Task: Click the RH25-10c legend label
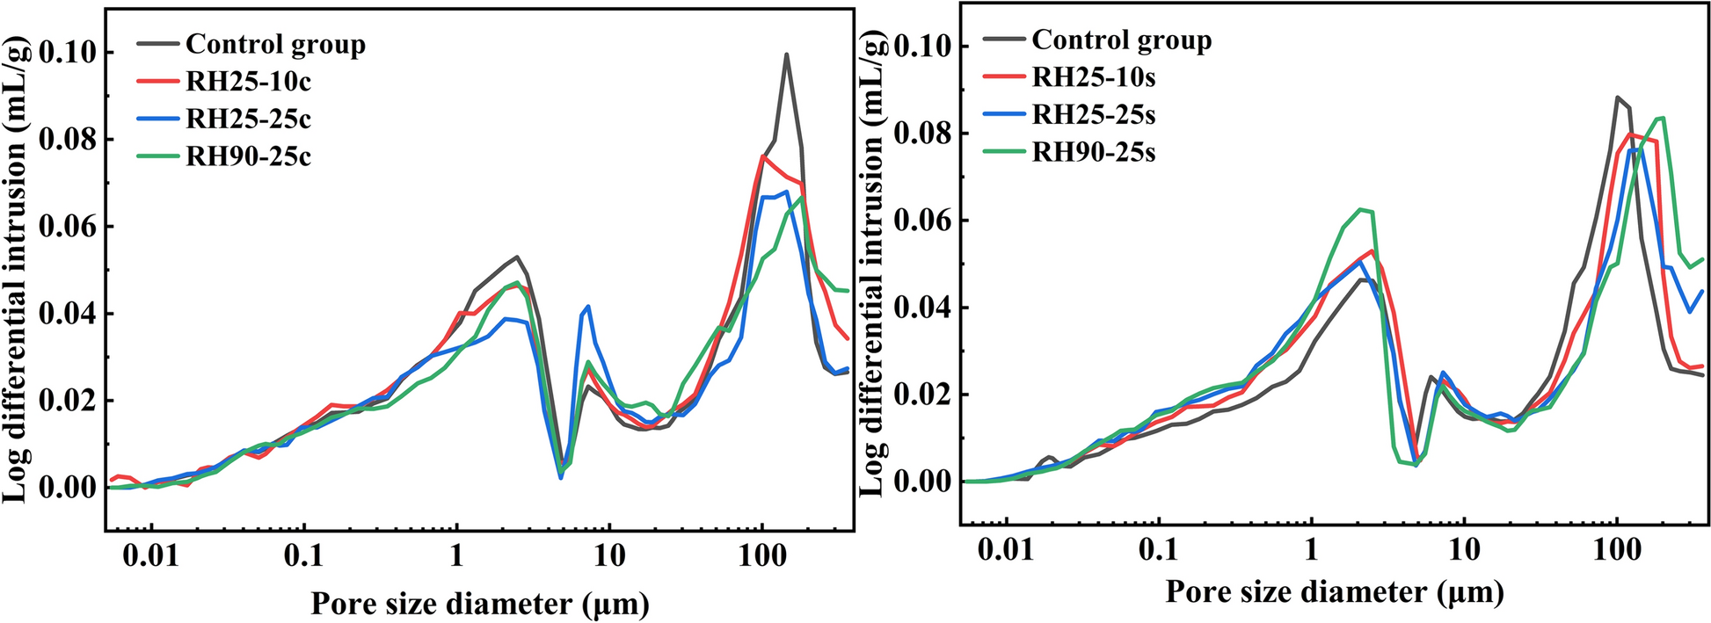(248, 82)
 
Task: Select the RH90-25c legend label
(248, 156)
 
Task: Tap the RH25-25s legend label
(1094, 115)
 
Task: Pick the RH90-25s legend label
(1094, 153)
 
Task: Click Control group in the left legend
(275, 44)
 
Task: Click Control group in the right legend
(1121, 40)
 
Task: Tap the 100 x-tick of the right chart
(1616, 551)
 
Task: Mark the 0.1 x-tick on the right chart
(1158, 551)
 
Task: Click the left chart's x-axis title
(480, 604)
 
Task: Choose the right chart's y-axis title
(871, 264)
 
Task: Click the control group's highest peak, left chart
(786, 54)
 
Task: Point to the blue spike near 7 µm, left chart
(588, 307)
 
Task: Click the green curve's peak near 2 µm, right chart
(1361, 209)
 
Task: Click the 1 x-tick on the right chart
(1311, 551)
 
